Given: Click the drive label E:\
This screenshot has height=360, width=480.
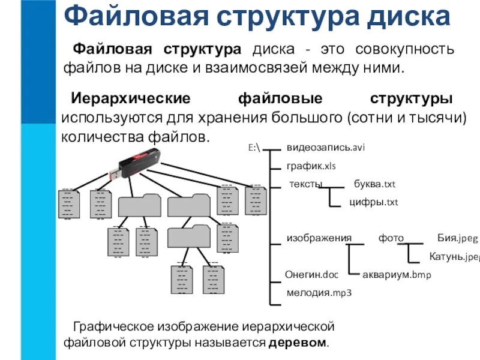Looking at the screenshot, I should (x=254, y=148).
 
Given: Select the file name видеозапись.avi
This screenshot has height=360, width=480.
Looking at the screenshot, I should (x=326, y=148).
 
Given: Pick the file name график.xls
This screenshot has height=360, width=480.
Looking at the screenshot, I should (x=310, y=165).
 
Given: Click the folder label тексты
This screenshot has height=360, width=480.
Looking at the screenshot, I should (x=306, y=184).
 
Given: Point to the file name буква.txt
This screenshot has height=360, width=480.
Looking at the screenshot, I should (x=374, y=184).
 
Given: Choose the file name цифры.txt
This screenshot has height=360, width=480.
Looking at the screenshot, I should (x=374, y=202).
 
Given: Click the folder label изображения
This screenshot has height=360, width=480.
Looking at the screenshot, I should (x=319, y=238).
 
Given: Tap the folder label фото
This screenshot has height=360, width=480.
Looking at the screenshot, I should (x=391, y=238).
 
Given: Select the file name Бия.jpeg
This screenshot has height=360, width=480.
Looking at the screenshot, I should (x=457, y=238).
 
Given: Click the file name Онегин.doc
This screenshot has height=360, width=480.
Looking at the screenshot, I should (x=312, y=275).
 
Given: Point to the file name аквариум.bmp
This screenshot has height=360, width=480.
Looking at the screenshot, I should (x=397, y=275).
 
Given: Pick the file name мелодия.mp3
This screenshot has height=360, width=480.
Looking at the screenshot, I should (x=319, y=293).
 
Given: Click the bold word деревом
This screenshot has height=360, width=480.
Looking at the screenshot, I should (x=298, y=343).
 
